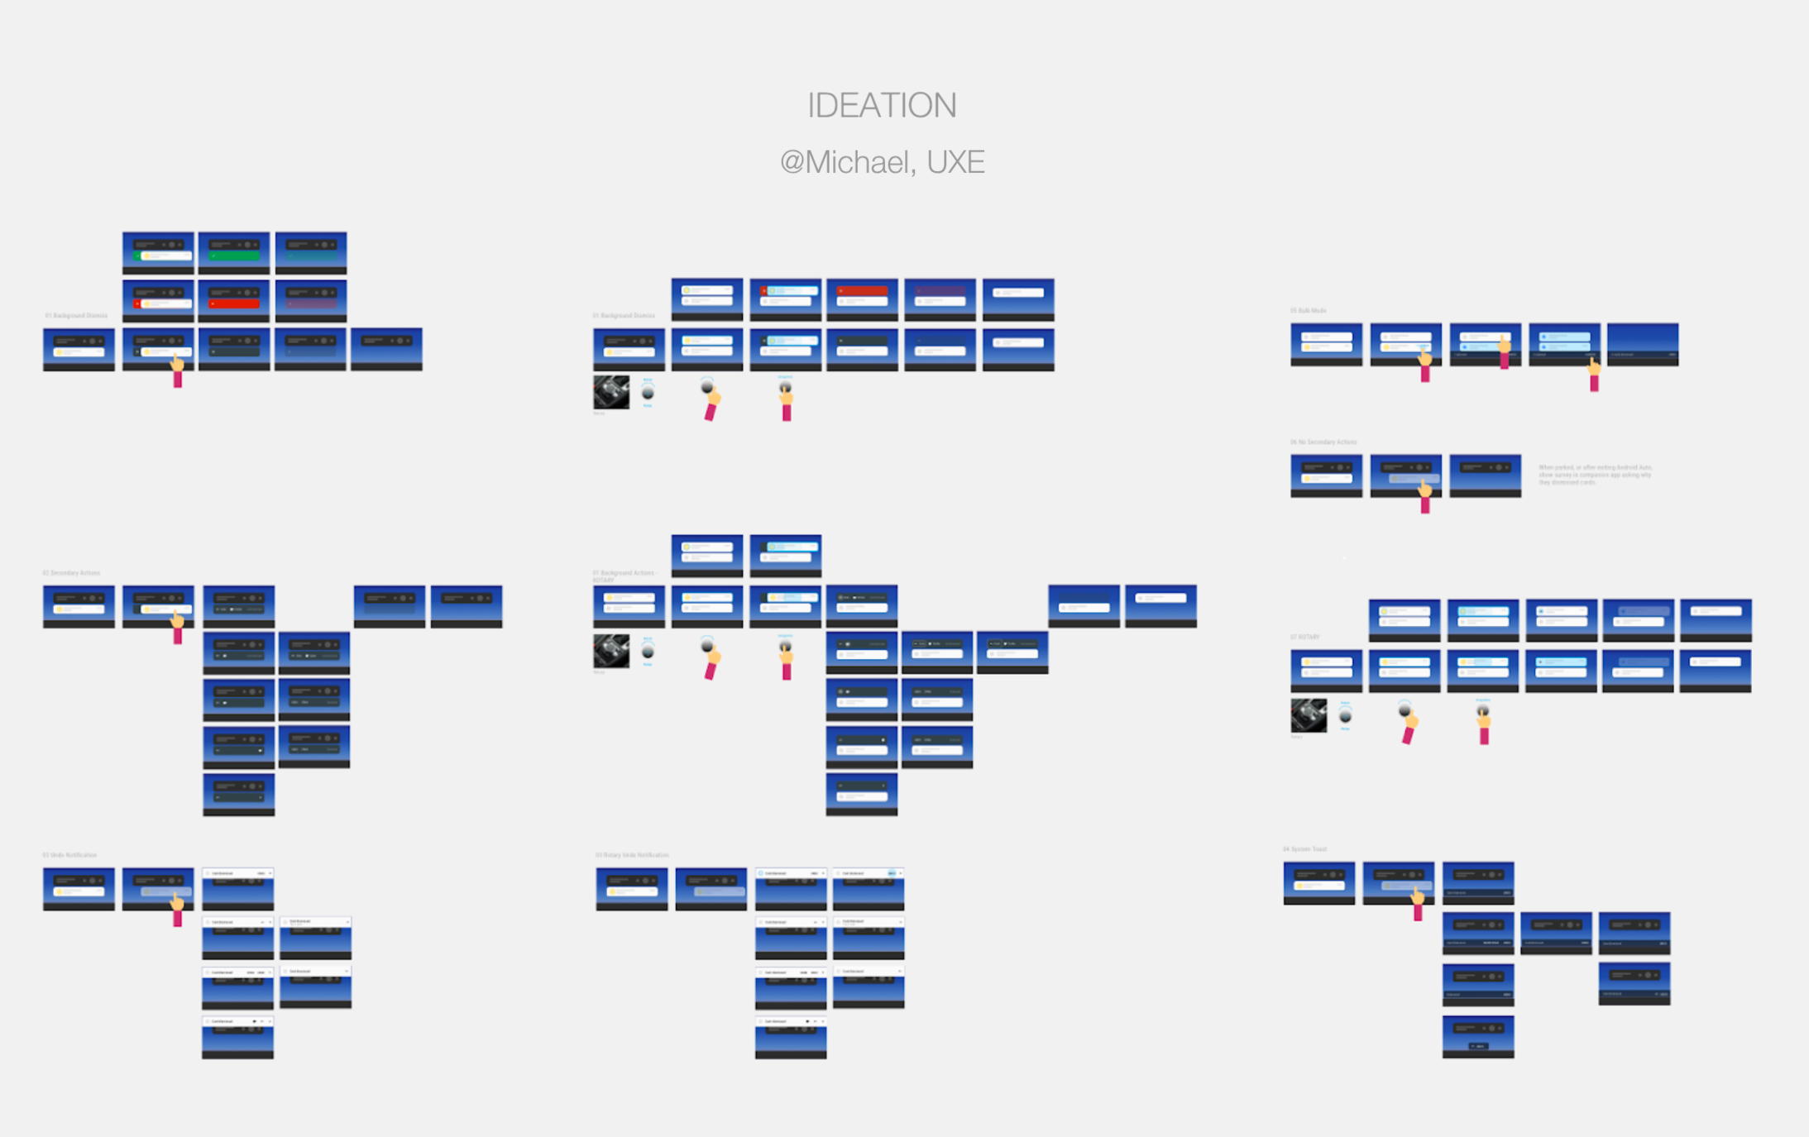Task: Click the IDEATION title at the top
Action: coord(882,106)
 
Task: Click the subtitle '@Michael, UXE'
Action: coord(882,162)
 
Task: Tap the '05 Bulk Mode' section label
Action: coord(1308,311)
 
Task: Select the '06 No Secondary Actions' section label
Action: coord(1323,442)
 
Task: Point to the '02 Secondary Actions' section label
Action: coord(71,573)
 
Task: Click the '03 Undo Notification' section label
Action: coord(69,855)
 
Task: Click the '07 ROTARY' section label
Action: coord(1304,638)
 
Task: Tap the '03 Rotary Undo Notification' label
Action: coord(632,855)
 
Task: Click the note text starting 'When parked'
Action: coord(1595,475)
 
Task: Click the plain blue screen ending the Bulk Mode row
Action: coord(1643,344)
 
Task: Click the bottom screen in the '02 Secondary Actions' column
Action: coord(238,795)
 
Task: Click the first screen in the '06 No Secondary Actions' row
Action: coord(1326,475)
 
